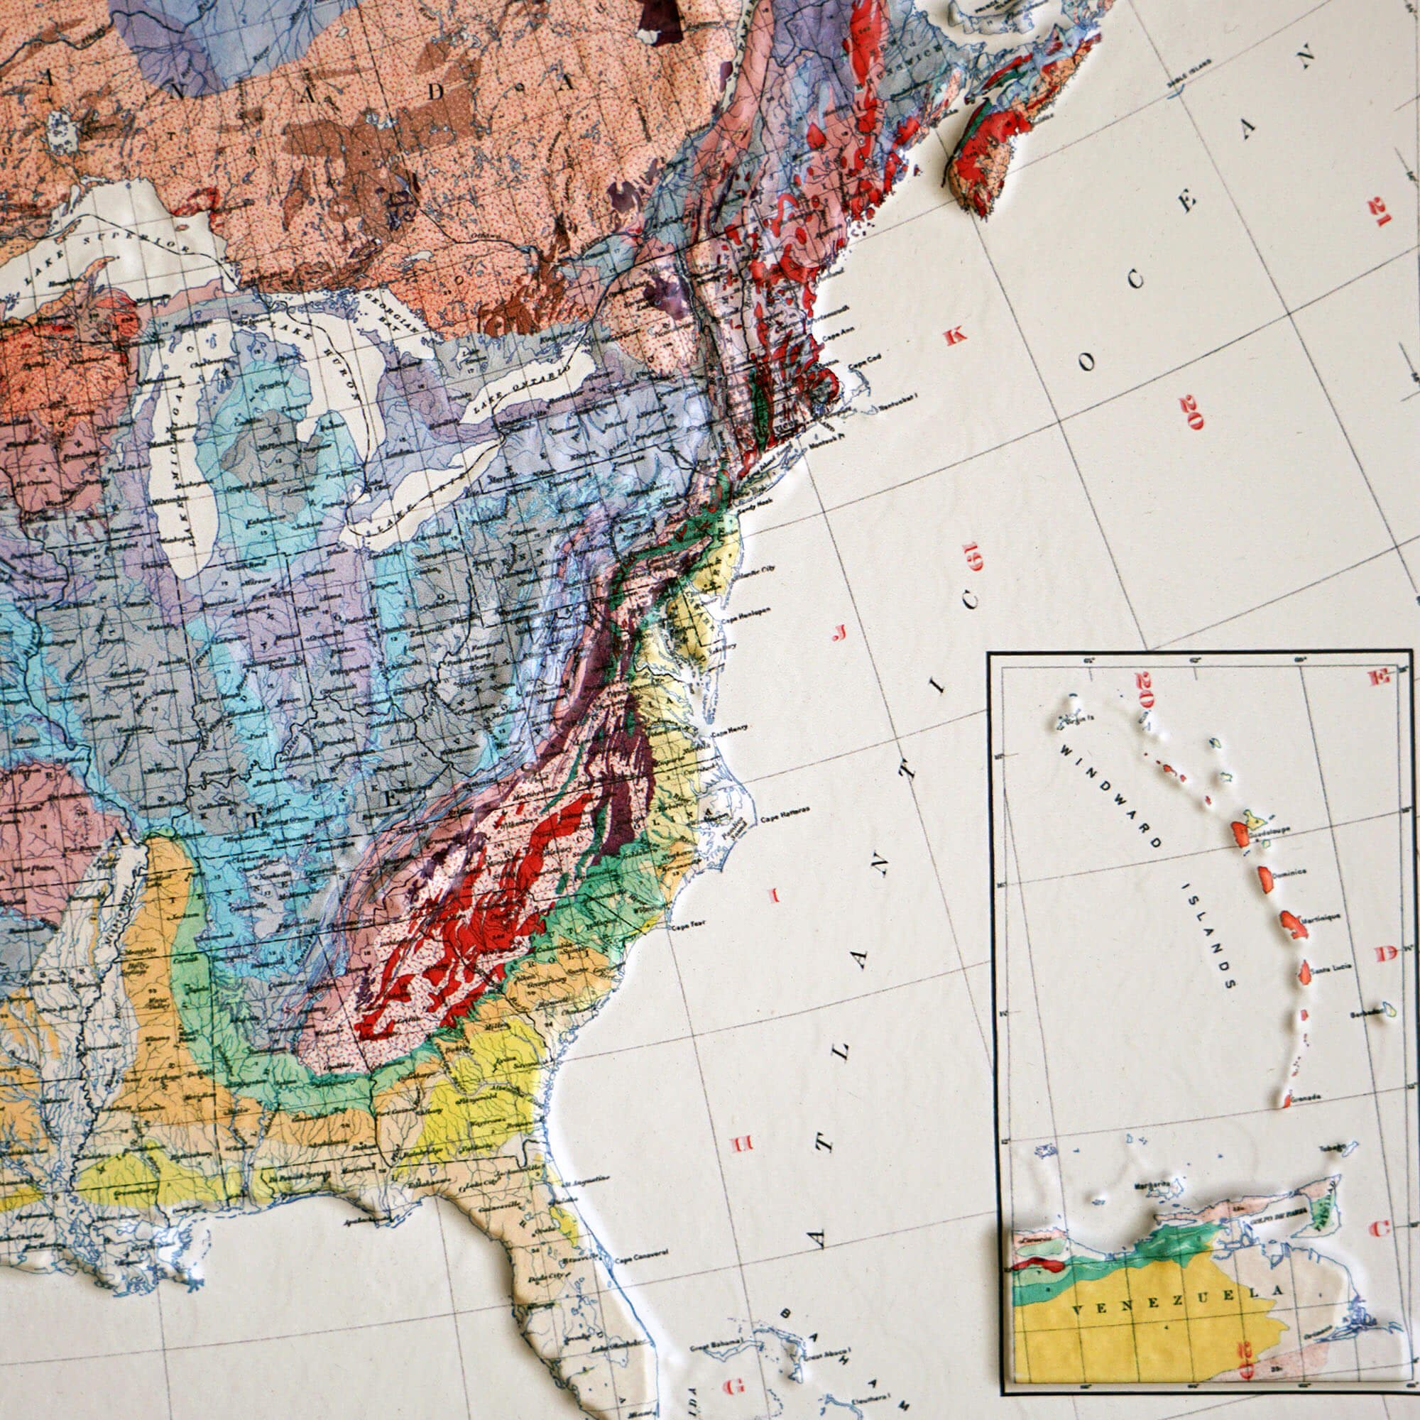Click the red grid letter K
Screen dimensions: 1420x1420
pos(955,337)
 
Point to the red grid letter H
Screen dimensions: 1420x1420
pos(740,1145)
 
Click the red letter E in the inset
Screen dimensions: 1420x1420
pos(1378,677)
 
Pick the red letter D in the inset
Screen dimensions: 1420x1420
pos(1386,955)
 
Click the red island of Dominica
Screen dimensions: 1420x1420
pos(1267,877)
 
